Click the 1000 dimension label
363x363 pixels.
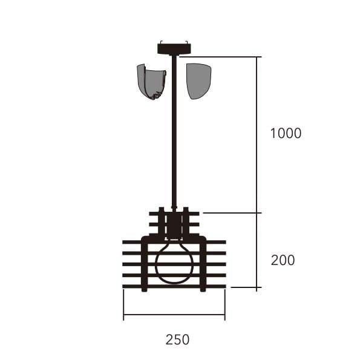coord(286,133)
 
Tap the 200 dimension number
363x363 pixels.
coord(283,260)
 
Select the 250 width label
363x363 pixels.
coord(177,339)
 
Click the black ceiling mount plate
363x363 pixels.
coord(174,48)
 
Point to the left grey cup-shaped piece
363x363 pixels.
coord(152,82)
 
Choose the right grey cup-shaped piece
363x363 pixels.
coord(199,81)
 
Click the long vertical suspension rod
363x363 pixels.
coord(174,131)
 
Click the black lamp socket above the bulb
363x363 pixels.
coord(174,226)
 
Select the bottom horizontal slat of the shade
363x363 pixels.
coord(174,286)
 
